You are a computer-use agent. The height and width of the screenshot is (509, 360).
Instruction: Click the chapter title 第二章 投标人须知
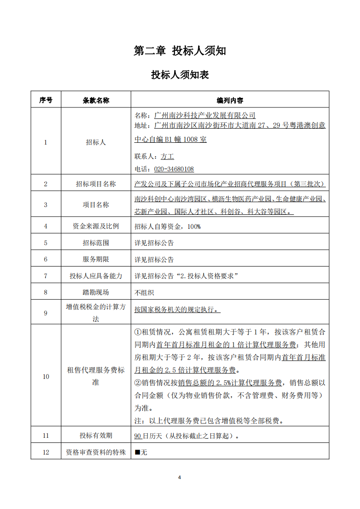(x=180, y=51)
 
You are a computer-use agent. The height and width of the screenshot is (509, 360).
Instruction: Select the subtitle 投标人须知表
(x=180, y=75)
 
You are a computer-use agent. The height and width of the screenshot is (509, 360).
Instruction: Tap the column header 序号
(x=46, y=100)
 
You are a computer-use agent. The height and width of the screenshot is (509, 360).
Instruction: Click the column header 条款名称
(x=96, y=100)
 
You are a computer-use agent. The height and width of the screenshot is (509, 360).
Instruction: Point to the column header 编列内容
(x=230, y=100)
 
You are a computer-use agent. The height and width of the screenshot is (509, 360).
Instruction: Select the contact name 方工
(x=167, y=156)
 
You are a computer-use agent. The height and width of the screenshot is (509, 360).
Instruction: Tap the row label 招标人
(x=96, y=142)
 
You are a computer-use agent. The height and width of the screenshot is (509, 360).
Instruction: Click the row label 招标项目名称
(x=96, y=184)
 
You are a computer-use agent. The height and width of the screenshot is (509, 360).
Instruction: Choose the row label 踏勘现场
(x=96, y=292)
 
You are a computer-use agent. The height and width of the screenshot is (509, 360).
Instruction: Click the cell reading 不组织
(x=144, y=292)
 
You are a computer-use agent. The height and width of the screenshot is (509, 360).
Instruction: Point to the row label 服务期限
(x=96, y=260)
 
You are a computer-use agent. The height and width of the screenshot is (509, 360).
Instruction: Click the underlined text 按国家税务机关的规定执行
(x=175, y=310)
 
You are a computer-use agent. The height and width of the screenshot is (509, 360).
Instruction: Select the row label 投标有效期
(x=96, y=436)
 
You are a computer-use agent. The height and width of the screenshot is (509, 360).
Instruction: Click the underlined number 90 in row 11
(x=138, y=436)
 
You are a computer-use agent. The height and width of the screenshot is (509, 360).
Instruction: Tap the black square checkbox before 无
(x=137, y=452)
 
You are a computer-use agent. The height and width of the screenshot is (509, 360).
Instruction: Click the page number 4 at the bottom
(x=180, y=477)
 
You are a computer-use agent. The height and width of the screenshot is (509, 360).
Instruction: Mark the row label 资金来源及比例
(x=96, y=226)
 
